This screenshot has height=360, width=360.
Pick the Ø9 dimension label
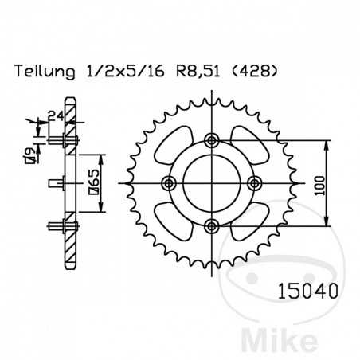pos(29,155)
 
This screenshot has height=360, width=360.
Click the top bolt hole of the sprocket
pos(211,142)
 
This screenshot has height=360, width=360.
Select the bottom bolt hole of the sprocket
pos(211,225)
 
